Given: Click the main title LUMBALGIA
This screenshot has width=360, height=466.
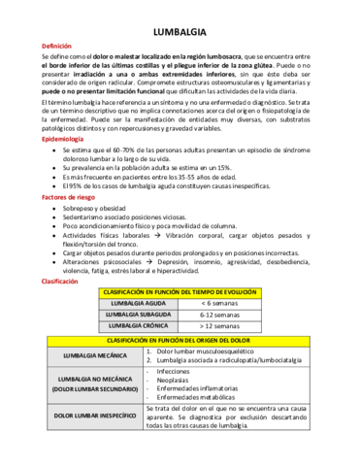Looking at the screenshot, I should click(x=179, y=31).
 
